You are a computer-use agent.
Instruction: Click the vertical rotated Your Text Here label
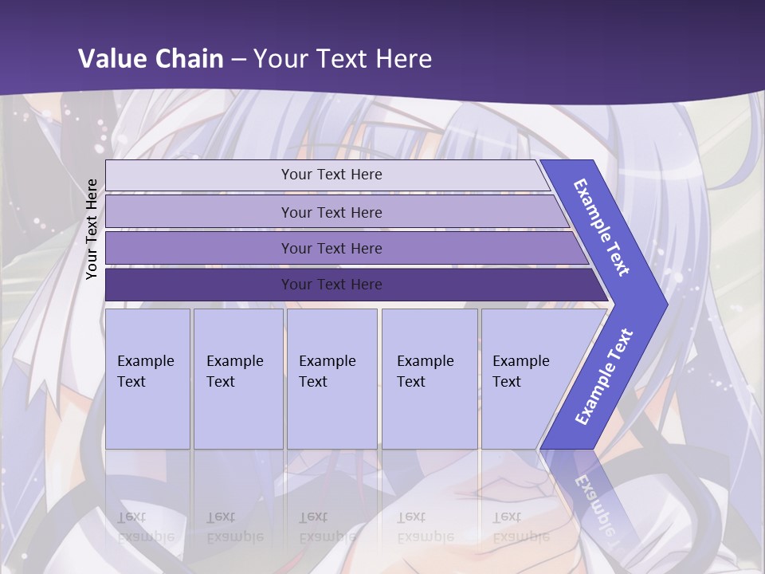(92, 229)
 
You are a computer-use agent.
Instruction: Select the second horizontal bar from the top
(331, 212)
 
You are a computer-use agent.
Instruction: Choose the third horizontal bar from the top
(331, 248)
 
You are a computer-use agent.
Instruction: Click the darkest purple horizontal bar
(331, 285)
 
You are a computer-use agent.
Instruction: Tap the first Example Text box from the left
(147, 378)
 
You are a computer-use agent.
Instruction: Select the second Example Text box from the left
(238, 378)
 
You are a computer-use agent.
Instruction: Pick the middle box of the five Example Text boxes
(331, 378)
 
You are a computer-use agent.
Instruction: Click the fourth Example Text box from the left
(430, 378)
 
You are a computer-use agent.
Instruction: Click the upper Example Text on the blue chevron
(602, 227)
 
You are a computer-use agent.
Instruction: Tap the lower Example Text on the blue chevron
(603, 376)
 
